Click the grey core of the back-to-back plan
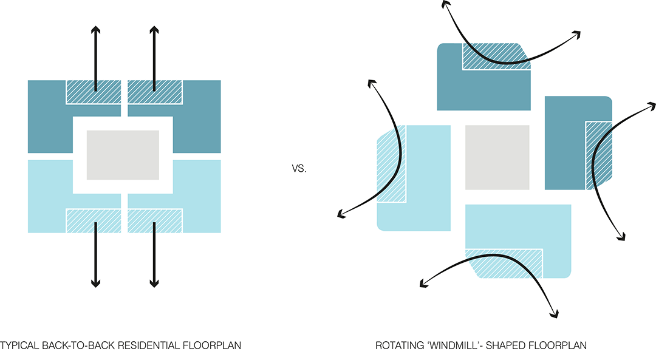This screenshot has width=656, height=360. pos(123,155)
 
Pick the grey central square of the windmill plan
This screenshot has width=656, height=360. pos(497,157)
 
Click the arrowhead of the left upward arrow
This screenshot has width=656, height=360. pos(95,30)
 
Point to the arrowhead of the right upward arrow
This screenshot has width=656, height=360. pos(154,30)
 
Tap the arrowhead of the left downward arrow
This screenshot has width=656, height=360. pos(95,282)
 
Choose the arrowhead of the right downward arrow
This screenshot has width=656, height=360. pos(154,282)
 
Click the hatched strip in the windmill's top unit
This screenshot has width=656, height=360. pos(495,56)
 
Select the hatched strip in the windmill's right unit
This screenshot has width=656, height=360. pos(598,155)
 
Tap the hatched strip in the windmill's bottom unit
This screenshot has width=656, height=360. pos(504,262)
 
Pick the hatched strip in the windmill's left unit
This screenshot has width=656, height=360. pos(391,164)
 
